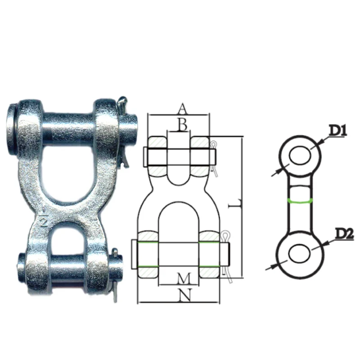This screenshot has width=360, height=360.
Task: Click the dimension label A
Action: (x=182, y=108)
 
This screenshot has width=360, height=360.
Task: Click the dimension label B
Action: (x=182, y=125)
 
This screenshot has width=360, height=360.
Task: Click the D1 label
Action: (x=337, y=131)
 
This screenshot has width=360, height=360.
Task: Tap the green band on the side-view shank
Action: (x=298, y=200)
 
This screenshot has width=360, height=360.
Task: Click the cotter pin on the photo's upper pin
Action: (x=123, y=130)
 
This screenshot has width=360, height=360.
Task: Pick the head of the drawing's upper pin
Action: (x=145, y=156)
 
